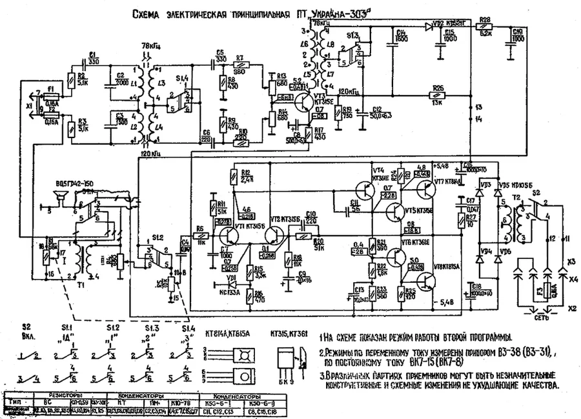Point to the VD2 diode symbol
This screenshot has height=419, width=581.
coord(428,27)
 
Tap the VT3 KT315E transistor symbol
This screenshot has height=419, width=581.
coord(301,101)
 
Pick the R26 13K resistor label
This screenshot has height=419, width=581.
coord(438,88)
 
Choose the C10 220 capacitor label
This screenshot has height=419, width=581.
coord(310,216)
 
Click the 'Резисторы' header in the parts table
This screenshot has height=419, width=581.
coord(59,393)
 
